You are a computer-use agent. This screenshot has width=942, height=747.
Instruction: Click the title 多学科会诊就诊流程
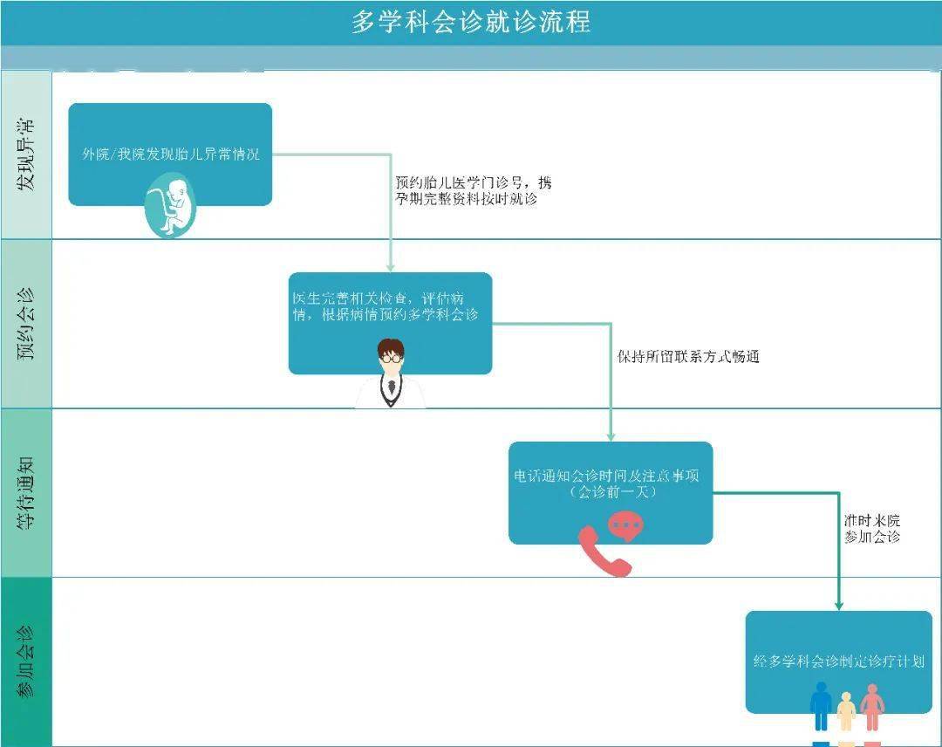[471, 22]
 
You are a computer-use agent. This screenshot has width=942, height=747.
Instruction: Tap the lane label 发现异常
[26, 155]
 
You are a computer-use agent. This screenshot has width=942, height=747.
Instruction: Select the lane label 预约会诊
[26, 324]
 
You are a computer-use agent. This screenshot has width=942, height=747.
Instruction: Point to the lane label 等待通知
[26, 493]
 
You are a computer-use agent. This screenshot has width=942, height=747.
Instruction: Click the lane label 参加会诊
[26, 661]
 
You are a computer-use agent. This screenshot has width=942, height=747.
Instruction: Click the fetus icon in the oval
[171, 205]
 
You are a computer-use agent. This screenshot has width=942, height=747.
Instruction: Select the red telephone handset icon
[602, 552]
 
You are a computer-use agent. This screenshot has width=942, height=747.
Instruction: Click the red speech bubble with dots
[625, 524]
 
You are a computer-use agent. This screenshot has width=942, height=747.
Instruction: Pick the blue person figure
[821, 705]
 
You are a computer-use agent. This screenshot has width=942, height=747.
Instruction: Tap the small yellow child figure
[846, 711]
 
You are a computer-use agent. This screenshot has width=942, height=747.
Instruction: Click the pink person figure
[871, 706]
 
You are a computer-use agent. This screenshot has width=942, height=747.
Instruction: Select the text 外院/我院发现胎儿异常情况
[171, 154]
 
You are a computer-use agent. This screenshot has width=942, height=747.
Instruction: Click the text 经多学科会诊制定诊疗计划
[839, 661]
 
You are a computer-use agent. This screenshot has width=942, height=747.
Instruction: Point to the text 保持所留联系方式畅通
[688, 357]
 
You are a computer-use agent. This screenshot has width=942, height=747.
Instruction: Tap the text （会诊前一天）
[611, 492]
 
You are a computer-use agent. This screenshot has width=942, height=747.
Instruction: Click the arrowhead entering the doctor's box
[391, 266]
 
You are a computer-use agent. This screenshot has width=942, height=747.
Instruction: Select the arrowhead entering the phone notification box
[611, 435]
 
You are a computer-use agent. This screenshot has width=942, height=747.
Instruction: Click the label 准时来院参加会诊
[871, 529]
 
